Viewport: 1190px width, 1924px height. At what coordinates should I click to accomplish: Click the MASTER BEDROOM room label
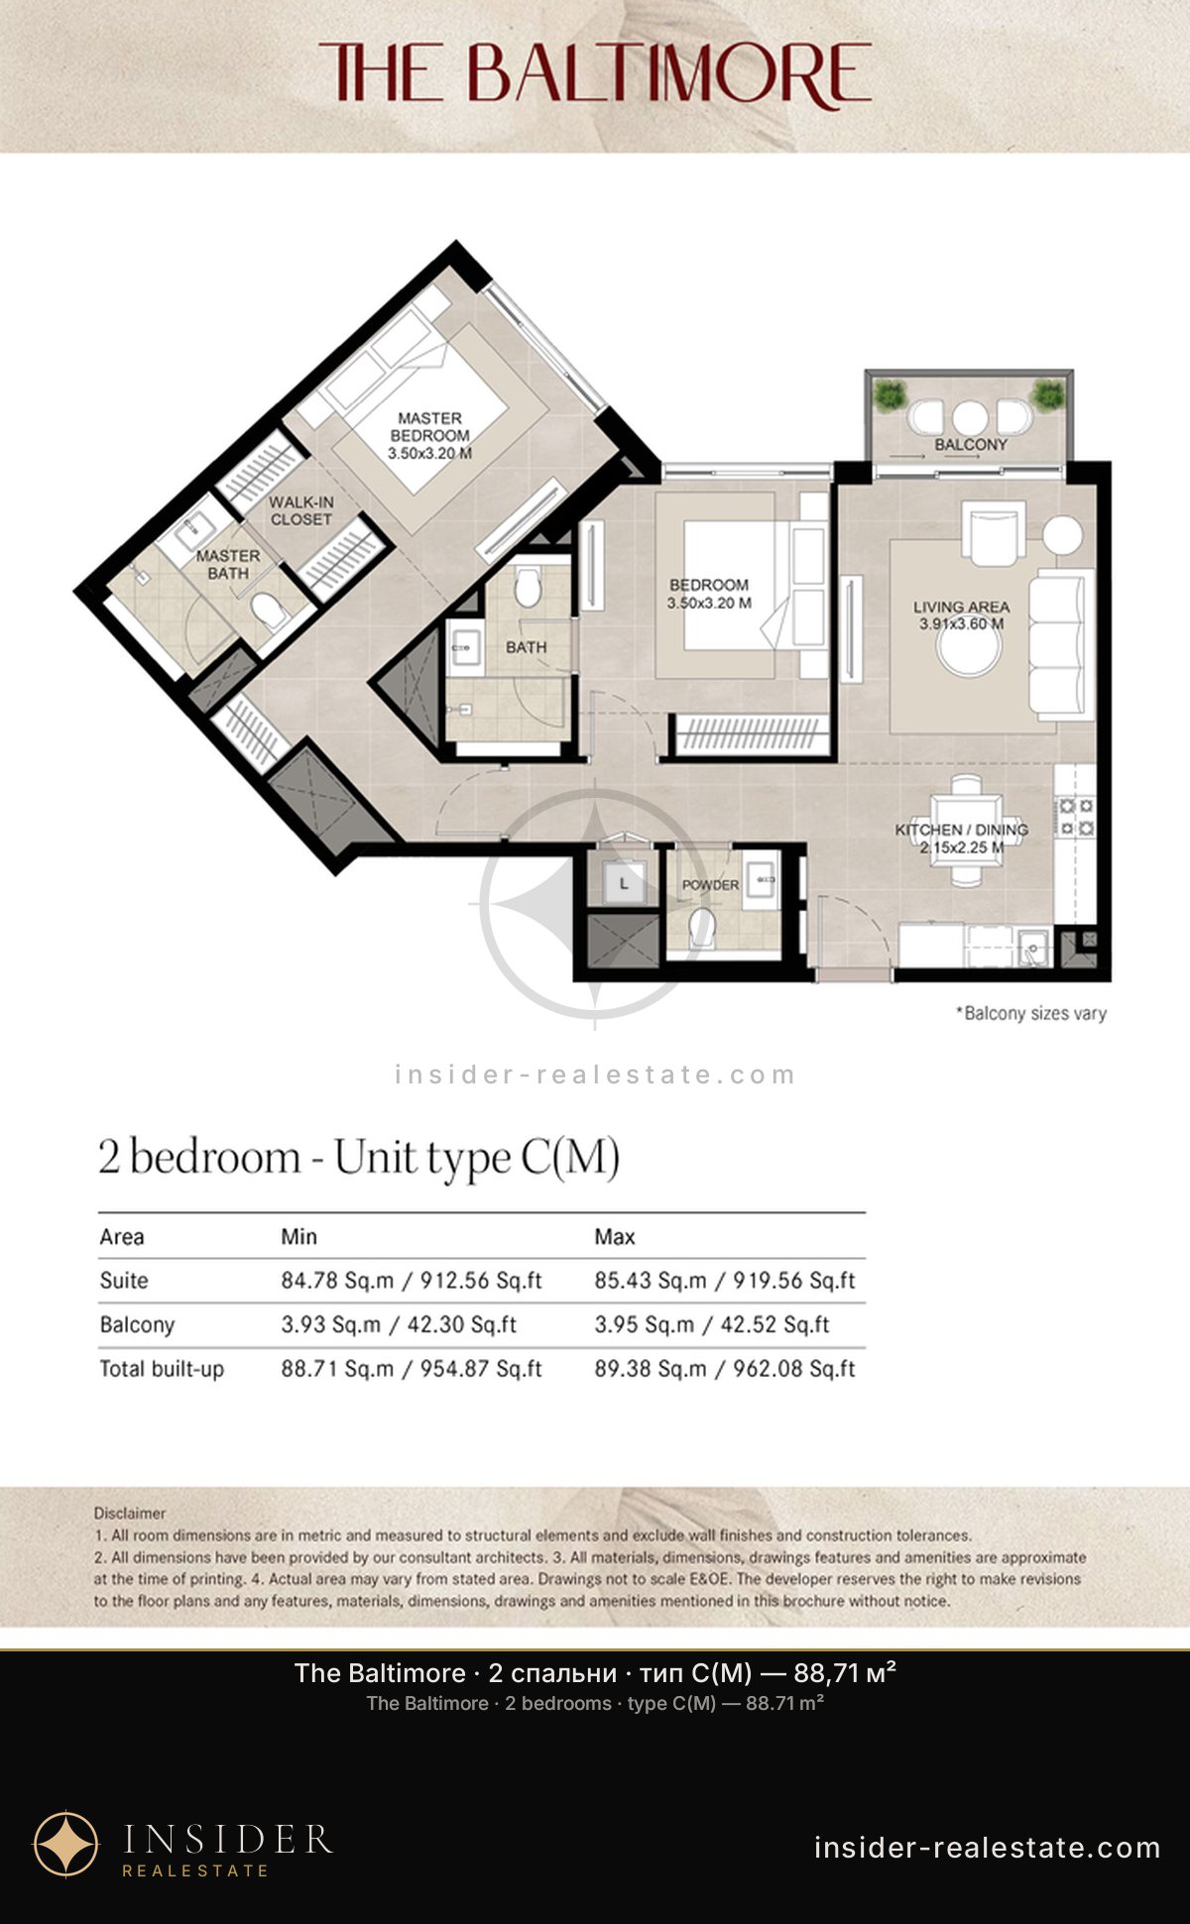[x=429, y=435]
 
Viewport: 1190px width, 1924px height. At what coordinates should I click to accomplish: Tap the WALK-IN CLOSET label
[x=301, y=510]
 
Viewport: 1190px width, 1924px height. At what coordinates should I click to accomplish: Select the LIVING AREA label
[x=961, y=615]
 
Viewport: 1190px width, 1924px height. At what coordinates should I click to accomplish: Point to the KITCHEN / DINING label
[x=961, y=839]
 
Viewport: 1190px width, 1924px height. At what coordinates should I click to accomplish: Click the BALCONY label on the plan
[x=971, y=444]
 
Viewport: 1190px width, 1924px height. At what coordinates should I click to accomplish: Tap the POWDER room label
[x=710, y=884]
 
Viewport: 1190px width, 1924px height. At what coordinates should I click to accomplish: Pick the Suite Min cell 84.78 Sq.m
[x=412, y=1280]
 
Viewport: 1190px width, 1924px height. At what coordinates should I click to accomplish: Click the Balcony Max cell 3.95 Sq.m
[x=712, y=1324]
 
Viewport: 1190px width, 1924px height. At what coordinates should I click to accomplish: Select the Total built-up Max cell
[x=725, y=1368]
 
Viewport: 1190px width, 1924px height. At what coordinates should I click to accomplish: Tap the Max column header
[x=615, y=1236]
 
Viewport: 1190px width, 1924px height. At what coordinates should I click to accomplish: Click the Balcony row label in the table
[x=137, y=1324]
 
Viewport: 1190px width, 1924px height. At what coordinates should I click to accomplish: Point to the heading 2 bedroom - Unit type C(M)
[x=359, y=1158]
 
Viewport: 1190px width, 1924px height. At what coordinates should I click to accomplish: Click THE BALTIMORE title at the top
[x=595, y=72]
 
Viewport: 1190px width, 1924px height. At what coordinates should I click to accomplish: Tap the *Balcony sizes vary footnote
[x=1030, y=1013]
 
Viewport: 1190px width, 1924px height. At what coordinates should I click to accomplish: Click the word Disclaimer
[x=130, y=1513]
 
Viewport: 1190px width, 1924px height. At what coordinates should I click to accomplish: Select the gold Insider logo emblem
[x=66, y=1845]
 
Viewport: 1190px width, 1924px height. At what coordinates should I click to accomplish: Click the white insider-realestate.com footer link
[x=988, y=1848]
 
